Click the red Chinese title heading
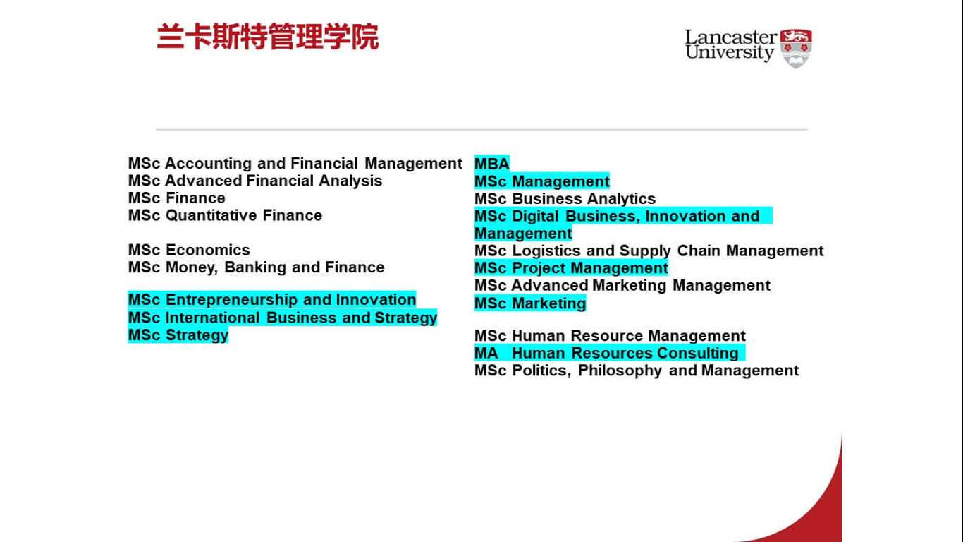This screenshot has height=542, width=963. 267,37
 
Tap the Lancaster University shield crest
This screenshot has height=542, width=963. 796,49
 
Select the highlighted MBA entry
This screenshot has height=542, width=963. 492,164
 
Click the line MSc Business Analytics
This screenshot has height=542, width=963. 565,199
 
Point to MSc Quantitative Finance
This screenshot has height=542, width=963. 226,215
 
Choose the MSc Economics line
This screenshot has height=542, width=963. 189,250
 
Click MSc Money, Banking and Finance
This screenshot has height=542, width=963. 256,267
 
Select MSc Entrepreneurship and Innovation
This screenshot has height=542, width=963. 272,300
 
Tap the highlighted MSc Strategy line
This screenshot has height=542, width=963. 178,335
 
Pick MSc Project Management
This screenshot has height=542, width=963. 571,268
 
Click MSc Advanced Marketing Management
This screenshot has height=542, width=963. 622,285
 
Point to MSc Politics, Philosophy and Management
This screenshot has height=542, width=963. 637,371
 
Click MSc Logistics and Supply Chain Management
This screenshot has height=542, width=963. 649,251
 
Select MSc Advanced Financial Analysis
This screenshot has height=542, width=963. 255,181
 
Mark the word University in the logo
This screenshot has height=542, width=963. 729,53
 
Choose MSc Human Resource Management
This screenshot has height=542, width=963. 610,336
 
